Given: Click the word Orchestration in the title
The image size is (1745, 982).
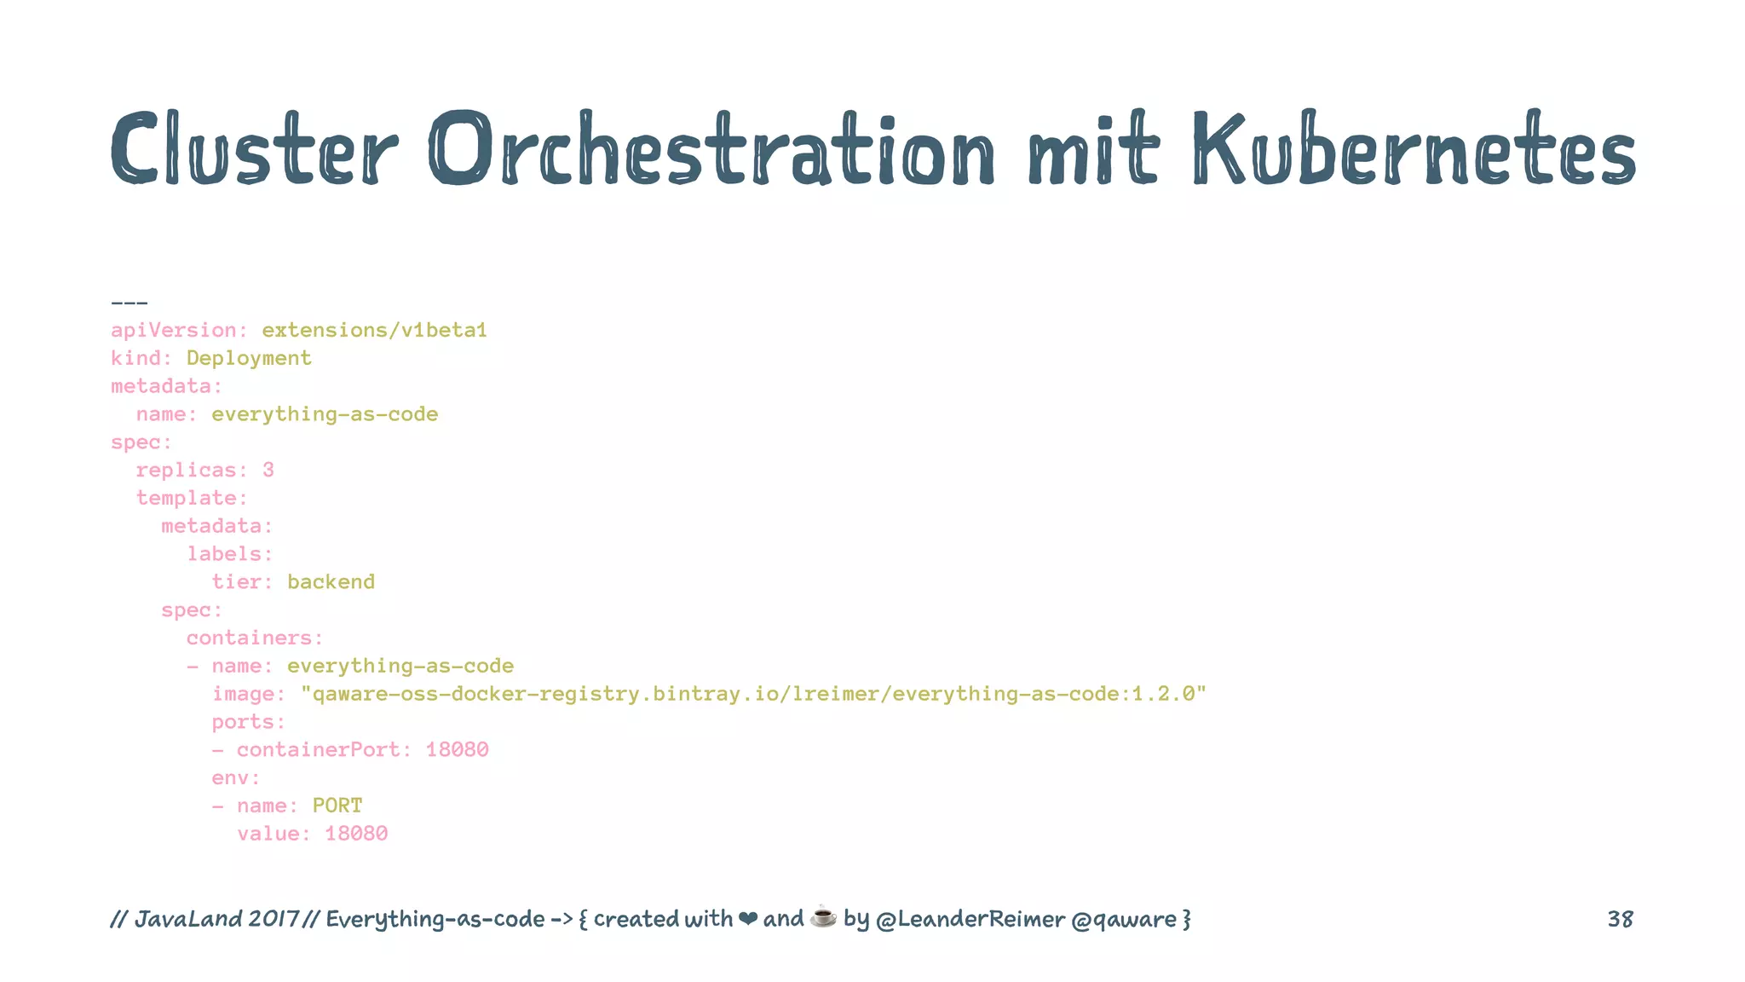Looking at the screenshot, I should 711,149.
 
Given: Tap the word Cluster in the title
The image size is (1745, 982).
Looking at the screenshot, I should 254,149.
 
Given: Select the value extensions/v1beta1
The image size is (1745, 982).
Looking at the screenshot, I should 374,331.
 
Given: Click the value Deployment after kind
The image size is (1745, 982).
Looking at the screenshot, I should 249,359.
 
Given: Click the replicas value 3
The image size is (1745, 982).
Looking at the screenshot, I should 268,471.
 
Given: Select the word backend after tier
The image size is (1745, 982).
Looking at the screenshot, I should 331,582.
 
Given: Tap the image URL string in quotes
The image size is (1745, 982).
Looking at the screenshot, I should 753,695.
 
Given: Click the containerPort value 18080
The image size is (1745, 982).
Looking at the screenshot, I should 457,750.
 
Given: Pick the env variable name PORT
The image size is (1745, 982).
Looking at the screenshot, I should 337,806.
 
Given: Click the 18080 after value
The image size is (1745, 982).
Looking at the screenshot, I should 356,834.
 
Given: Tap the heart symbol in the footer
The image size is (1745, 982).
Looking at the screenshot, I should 747,919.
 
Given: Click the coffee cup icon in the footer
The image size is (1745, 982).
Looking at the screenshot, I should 823,917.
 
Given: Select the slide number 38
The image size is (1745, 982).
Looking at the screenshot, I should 1620,919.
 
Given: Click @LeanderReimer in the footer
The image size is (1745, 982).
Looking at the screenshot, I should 970,920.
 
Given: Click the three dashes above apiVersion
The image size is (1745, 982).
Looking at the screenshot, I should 130,303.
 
